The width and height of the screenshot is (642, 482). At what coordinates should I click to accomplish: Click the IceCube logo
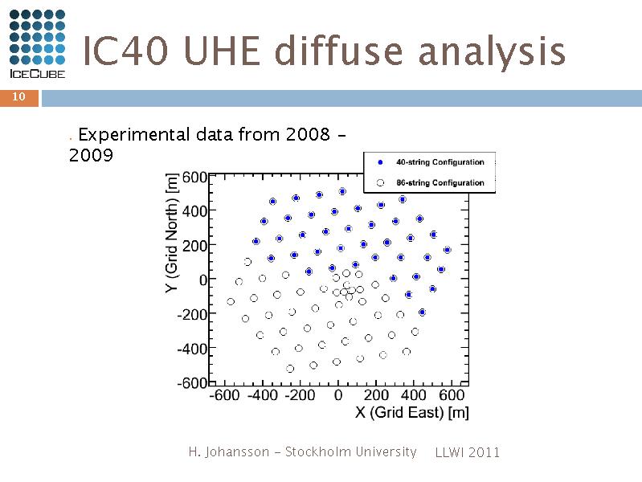coord(37,44)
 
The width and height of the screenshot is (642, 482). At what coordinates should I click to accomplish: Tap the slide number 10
coord(18,96)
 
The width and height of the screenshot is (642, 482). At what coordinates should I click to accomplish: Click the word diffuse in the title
coord(339,51)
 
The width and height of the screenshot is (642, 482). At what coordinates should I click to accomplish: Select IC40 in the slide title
coord(125,51)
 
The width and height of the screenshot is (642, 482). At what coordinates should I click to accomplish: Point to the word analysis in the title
coord(492,52)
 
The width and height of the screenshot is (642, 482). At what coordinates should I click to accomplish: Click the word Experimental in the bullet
coord(134,135)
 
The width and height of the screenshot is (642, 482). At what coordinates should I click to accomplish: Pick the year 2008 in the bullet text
coord(308,134)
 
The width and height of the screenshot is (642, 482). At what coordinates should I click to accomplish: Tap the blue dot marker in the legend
coord(380,162)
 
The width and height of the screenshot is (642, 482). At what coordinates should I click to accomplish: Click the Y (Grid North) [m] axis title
coord(172,233)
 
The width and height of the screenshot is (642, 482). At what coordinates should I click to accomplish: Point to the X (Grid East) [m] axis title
coord(412,412)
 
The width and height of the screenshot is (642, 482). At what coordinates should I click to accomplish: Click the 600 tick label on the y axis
coord(194,178)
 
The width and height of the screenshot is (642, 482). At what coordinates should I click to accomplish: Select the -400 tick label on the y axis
coord(192,349)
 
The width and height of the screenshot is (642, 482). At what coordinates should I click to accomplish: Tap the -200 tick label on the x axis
coord(300,395)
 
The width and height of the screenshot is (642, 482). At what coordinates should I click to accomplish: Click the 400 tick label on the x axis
coord(414,395)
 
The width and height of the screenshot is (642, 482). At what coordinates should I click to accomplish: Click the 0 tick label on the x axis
coord(338,395)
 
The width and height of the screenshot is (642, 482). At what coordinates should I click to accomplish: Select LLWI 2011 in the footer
coord(468,452)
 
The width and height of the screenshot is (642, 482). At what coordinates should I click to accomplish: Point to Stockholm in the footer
coord(318,451)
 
